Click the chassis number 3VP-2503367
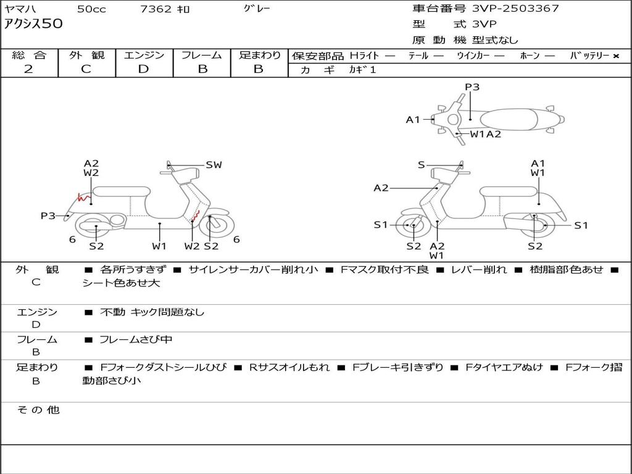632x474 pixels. (515, 9)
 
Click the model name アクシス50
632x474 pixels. (33, 25)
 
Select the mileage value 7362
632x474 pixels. (157, 9)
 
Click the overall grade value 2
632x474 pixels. (28, 69)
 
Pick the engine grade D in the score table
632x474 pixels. (144, 69)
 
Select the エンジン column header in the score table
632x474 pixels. (144, 56)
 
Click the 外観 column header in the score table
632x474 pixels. (86, 56)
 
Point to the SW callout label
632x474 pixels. (214, 165)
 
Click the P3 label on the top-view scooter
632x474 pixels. (472, 87)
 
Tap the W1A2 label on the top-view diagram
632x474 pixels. (486, 134)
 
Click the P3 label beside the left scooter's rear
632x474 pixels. (48, 216)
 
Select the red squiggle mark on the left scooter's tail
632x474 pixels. (81, 198)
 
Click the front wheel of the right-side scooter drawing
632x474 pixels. (413, 227)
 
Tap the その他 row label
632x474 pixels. (38, 410)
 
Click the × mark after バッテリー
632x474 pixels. (616, 56)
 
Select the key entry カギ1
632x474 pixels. (362, 70)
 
